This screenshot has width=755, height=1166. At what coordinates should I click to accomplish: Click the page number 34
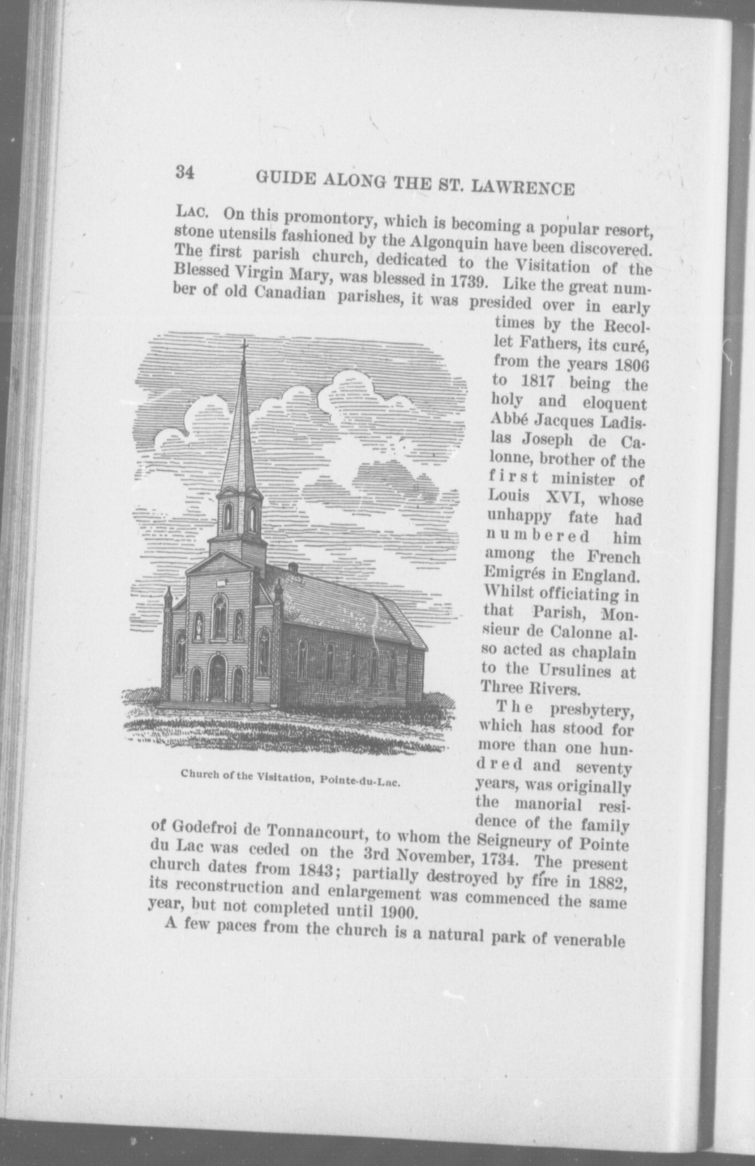point(185,172)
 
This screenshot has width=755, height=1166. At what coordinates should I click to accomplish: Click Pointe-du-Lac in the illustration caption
point(360,781)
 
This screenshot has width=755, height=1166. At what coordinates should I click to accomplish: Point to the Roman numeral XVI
point(560,498)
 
